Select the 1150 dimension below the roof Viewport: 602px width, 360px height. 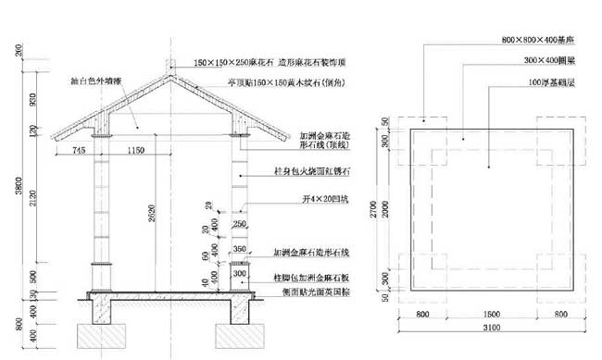(x=135, y=149)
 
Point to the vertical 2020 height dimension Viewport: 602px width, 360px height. (x=149, y=222)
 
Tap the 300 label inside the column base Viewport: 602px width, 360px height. (x=238, y=274)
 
